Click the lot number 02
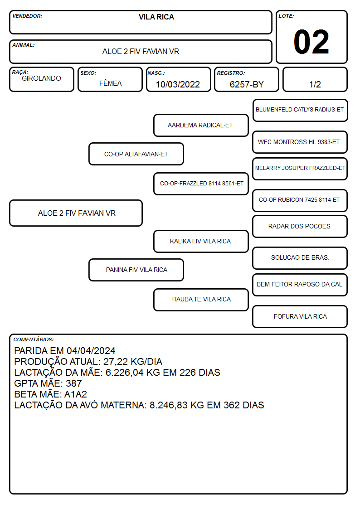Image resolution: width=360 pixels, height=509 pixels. pos(311,42)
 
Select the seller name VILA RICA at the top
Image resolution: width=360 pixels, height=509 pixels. pos(156,17)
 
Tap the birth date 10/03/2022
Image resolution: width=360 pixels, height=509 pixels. pos(178,84)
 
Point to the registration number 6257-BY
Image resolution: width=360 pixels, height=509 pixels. pos(247,84)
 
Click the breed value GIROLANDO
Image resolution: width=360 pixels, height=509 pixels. pos(41,78)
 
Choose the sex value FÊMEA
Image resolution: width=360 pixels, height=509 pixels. pos(110,83)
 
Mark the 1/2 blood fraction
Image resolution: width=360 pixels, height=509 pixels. pos(315,84)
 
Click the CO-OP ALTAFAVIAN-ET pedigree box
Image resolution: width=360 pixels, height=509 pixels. pos(136,154)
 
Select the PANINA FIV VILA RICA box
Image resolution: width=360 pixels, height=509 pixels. pos(136,270)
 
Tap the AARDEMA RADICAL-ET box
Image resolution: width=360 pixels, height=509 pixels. pos(201,125)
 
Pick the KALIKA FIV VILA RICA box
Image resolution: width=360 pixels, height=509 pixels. pos(201,241)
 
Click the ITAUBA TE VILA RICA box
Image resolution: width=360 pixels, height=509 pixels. pos(201,300)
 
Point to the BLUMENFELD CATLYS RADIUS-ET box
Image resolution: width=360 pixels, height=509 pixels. pos(300,110)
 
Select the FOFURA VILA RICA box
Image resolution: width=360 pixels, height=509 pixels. pos(300,316)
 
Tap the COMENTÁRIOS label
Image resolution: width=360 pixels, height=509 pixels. pos(34,339)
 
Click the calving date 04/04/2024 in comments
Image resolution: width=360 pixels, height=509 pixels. pos(91,350)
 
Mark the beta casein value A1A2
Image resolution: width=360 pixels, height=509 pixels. pos(76,394)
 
